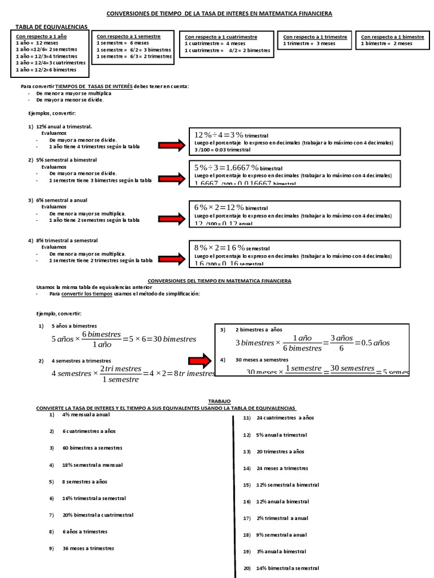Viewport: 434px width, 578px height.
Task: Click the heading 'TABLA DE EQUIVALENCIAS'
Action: [x=51, y=27]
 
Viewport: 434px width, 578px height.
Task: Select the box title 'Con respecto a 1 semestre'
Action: [x=128, y=36]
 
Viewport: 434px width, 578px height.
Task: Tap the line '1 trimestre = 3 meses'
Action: [x=310, y=43]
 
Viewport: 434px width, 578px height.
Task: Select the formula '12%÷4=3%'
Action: [x=219, y=135]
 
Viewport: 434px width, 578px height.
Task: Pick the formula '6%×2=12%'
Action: [x=219, y=208]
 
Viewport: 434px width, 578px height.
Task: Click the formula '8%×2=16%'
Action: [x=219, y=248]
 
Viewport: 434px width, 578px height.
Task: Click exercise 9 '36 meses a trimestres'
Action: [x=88, y=548]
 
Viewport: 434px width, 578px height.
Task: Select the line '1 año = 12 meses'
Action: [x=33, y=43]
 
